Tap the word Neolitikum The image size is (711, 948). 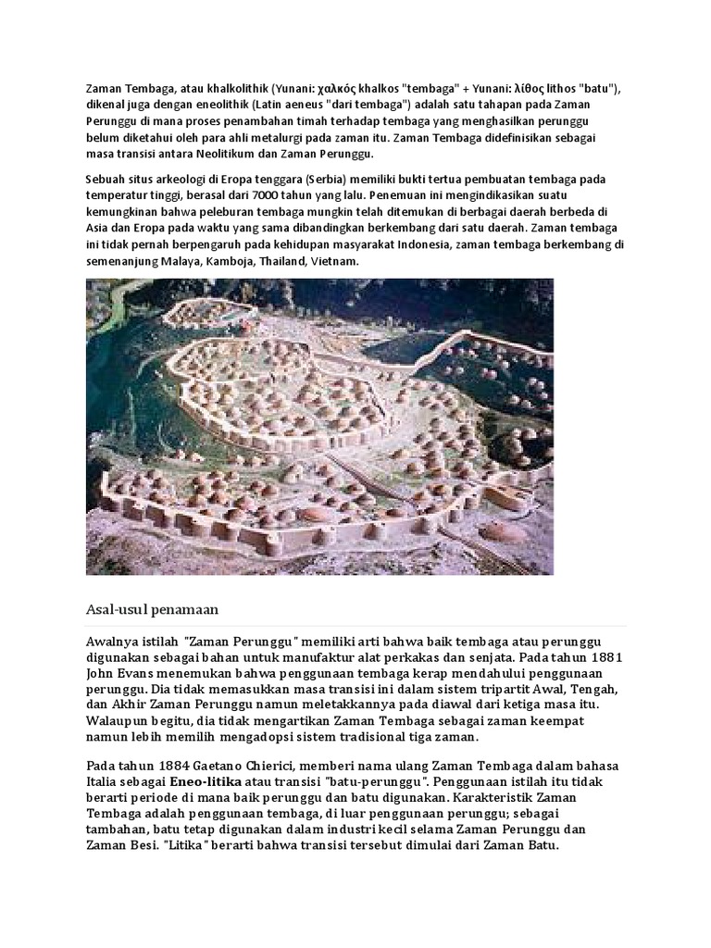219,155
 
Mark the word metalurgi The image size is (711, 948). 267,138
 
